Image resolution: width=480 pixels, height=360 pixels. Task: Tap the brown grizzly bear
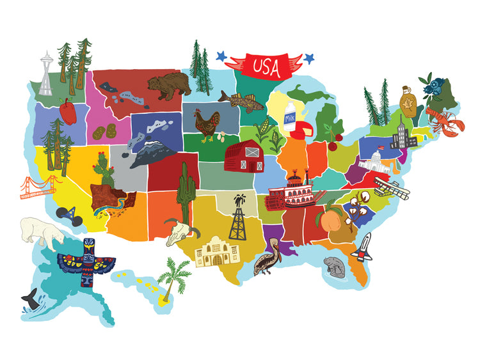(x=168, y=86)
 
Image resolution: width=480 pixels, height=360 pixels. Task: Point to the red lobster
(x=444, y=121)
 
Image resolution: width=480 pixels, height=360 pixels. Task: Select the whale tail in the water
(x=29, y=297)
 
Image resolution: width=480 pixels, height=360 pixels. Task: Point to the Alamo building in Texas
(x=217, y=252)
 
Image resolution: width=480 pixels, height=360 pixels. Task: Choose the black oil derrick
(x=239, y=218)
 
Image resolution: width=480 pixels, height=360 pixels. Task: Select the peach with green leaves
(x=330, y=221)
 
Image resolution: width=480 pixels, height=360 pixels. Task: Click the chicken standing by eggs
(x=207, y=125)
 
